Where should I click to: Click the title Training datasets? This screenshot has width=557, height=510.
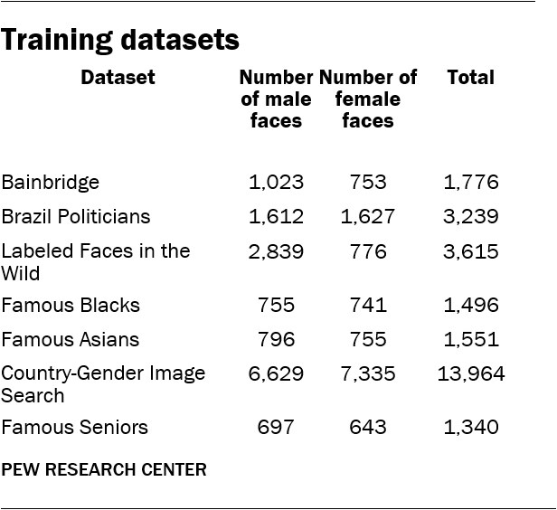(x=120, y=41)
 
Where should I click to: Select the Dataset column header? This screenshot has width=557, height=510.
(x=118, y=78)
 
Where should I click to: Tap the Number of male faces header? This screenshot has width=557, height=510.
(x=276, y=99)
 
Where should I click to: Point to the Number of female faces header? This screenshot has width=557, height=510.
(x=368, y=99)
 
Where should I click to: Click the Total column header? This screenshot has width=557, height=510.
(x=470, y=78)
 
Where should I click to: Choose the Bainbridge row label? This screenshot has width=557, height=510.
(x=51, y=183)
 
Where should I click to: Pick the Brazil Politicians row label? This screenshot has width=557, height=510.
(x=76, y=217)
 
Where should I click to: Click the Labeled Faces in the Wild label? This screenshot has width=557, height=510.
(x=96, y=261)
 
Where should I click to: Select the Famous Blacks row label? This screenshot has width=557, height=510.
(x=71, y=306)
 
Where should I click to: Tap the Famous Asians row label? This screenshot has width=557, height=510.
(x=71, y=340)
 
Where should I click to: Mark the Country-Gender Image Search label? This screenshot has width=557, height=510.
(x=103, y=383)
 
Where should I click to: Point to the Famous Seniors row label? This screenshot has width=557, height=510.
(x=75, y=427)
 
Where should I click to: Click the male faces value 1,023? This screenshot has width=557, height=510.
(x=276, y=183)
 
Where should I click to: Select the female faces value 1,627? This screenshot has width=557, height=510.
(x=368, y=217)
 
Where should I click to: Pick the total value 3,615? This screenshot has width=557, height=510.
(x=470, y=251)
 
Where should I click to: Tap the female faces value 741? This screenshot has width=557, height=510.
(x=368, y=306)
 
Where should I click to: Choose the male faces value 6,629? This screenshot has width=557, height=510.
(x=276, y=373)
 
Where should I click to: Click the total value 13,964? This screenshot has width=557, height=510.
(x=470, y=373)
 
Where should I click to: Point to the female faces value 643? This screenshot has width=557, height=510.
(x=368, y=427)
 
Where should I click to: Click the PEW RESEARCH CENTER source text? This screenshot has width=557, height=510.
(x=104, y=469)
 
